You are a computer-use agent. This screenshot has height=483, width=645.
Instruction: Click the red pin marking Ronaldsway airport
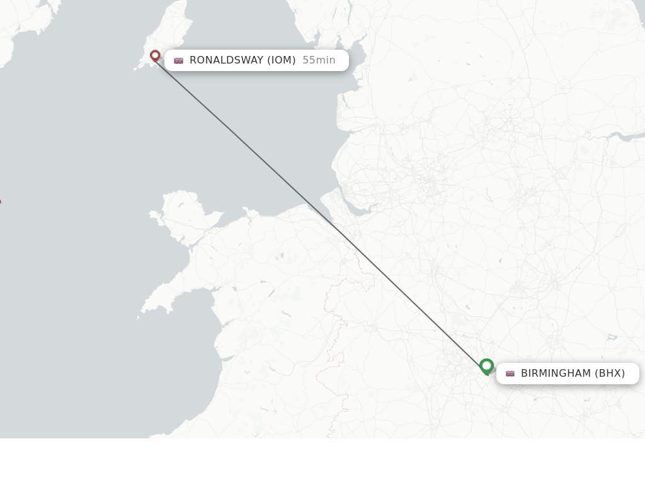[x=155, y=56]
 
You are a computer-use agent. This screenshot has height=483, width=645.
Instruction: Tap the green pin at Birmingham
[x=486, y=366]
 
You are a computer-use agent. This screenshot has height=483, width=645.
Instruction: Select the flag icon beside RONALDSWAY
[x=178, y=60]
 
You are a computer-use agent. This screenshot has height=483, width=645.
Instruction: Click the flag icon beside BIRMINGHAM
[x=510, y=374]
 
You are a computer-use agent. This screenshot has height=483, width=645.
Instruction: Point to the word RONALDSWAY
[x=226, y=60]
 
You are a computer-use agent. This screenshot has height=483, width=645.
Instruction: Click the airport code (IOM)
[x=281, y=60]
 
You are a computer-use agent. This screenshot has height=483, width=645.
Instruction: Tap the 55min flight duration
[x=319, y=60]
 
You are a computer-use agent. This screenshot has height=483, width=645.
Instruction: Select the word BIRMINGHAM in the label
[x=556, y=374]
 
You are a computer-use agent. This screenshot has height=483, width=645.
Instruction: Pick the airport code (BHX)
[x=610, y=374]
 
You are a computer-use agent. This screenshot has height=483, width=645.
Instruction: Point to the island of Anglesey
[x=186, y=214]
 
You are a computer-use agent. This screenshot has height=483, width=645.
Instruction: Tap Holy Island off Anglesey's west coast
[x=155, y=216]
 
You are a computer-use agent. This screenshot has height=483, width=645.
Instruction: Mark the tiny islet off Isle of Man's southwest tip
[x=135, y=69]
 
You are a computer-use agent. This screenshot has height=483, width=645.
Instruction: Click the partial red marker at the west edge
[x=0, y=201]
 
